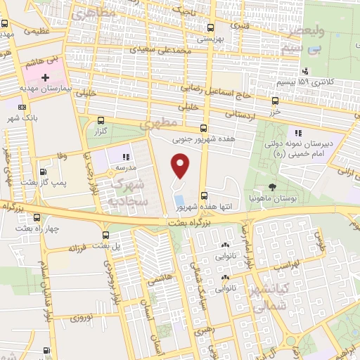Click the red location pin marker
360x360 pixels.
click(x=181, y=166)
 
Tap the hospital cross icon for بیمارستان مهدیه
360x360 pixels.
click(x=46, y=77)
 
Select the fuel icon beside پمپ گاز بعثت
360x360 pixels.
click(x=44, y=171)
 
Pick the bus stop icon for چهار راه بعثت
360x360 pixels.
click(x=37, y=217)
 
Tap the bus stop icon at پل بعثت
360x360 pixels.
click(x=105, y=235)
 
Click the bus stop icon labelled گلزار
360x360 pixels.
click(x=101, y=120)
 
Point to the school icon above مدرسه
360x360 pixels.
click(x=127, y=157)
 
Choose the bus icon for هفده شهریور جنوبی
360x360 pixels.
click(x=203, y=128)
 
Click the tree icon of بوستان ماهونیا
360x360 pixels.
click(x=272, y=187)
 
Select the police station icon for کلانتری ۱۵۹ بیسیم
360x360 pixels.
click(x=306, y=71)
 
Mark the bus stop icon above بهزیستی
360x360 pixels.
click(x=209, y=28)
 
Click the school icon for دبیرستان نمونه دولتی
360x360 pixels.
click(x=297, y=132)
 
